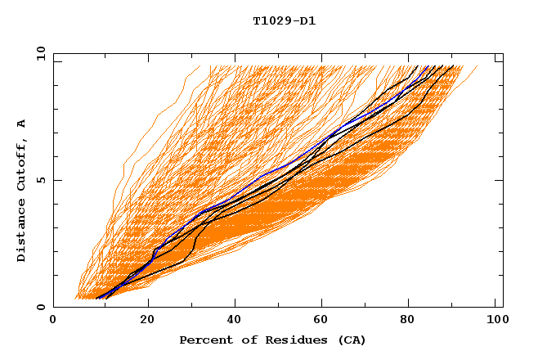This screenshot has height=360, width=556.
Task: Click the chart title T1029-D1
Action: [x=284, y=21]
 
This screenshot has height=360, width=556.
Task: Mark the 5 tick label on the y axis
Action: [x=40, y=180]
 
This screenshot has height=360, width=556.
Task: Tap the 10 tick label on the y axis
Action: [x=37, y=54]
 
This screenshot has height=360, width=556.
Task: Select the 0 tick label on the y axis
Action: [x=40, y=307]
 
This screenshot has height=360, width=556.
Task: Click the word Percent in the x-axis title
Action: [x=202, y=340]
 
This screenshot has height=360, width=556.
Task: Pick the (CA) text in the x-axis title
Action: [x=350, y=340]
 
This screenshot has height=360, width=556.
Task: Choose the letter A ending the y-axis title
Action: [x=22, y=123]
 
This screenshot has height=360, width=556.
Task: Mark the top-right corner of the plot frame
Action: [x=503, y=54]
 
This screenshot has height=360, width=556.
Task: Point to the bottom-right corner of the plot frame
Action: [x=503, y=307]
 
